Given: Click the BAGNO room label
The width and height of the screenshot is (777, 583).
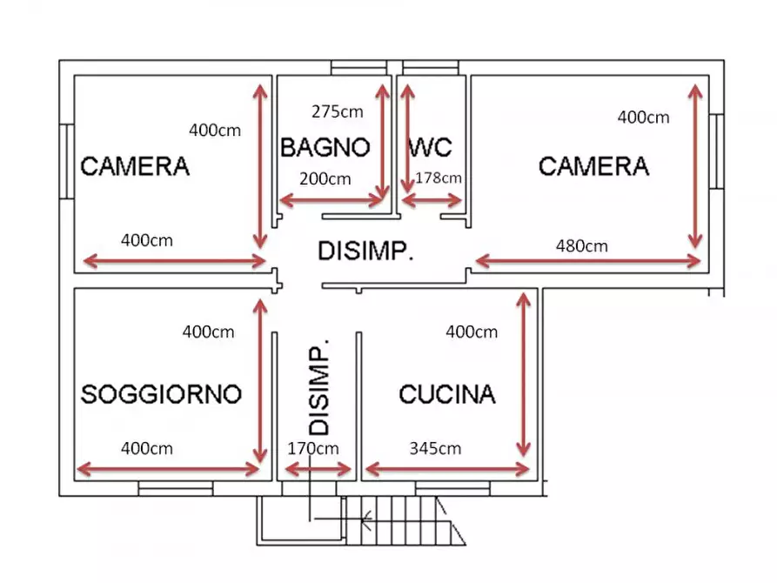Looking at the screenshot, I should click(325, 147).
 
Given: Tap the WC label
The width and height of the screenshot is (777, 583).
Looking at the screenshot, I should click(430, 147).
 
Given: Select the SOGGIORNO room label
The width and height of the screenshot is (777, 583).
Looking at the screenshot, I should click(160, 394).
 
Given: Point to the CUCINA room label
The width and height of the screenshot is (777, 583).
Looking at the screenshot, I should click(446, 394).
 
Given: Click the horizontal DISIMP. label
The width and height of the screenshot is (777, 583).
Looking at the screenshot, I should click(365, 252).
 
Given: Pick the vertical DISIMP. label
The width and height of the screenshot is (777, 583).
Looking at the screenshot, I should click(319, 386).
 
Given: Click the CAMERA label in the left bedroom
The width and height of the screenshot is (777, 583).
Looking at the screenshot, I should click(135, 166).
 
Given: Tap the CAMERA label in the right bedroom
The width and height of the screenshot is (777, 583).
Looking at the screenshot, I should click(593, 165).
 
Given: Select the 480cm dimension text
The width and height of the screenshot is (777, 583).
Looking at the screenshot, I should click(581, 246).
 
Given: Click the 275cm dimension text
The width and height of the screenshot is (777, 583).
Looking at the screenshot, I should click(337, 111).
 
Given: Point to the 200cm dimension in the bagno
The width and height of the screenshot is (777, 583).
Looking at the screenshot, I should click(325, 179).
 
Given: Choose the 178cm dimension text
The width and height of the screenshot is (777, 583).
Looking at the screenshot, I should click(439, 178).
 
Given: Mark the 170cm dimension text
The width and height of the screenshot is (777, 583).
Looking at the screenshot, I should click(313, 449).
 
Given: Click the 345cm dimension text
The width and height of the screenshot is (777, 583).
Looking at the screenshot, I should click(435, 449).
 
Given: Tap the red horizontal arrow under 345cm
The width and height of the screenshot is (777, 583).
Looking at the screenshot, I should click(446, 470).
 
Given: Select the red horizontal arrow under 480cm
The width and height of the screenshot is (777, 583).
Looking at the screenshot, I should click(587, 260).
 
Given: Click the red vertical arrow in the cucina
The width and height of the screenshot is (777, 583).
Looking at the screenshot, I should click(523, 374).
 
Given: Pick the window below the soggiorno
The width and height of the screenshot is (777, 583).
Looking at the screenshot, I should click(176, 491).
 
